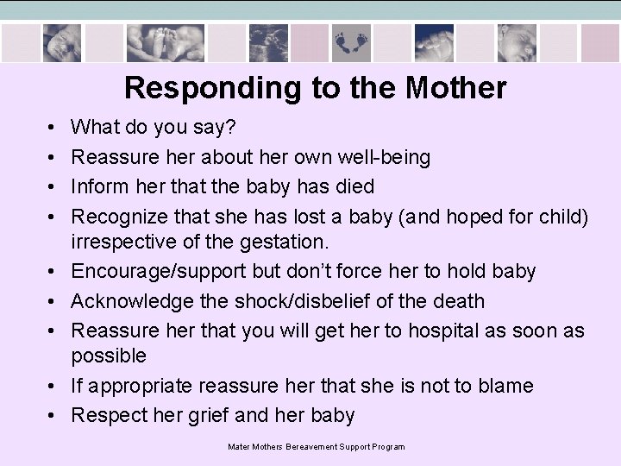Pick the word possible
[x=109, y=356]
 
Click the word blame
[x=506, y=385]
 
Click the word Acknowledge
[x=134, y=300]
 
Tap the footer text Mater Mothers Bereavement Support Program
[x=317, y=446]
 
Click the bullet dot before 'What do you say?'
[x=53, y=128]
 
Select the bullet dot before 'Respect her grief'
[x=53, y=414]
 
